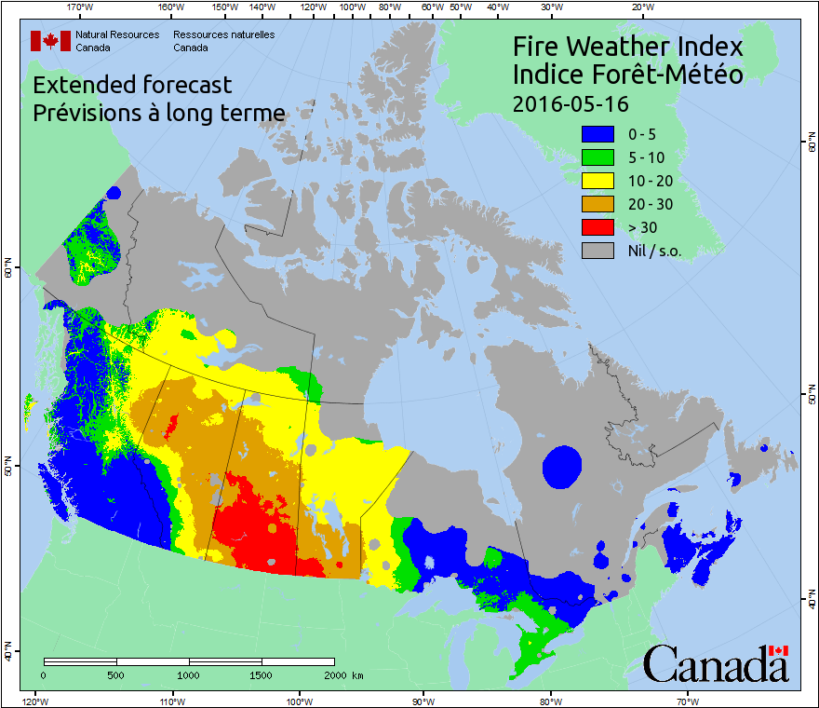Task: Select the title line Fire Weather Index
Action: (627, 47)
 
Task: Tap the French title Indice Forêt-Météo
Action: (627, 75)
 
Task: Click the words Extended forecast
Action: (132, 86)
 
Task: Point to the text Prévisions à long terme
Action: (158, 114)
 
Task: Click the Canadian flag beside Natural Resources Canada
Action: (50, 40)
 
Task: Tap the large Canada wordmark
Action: (715, 664)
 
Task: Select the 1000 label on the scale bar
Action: (189, 674)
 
